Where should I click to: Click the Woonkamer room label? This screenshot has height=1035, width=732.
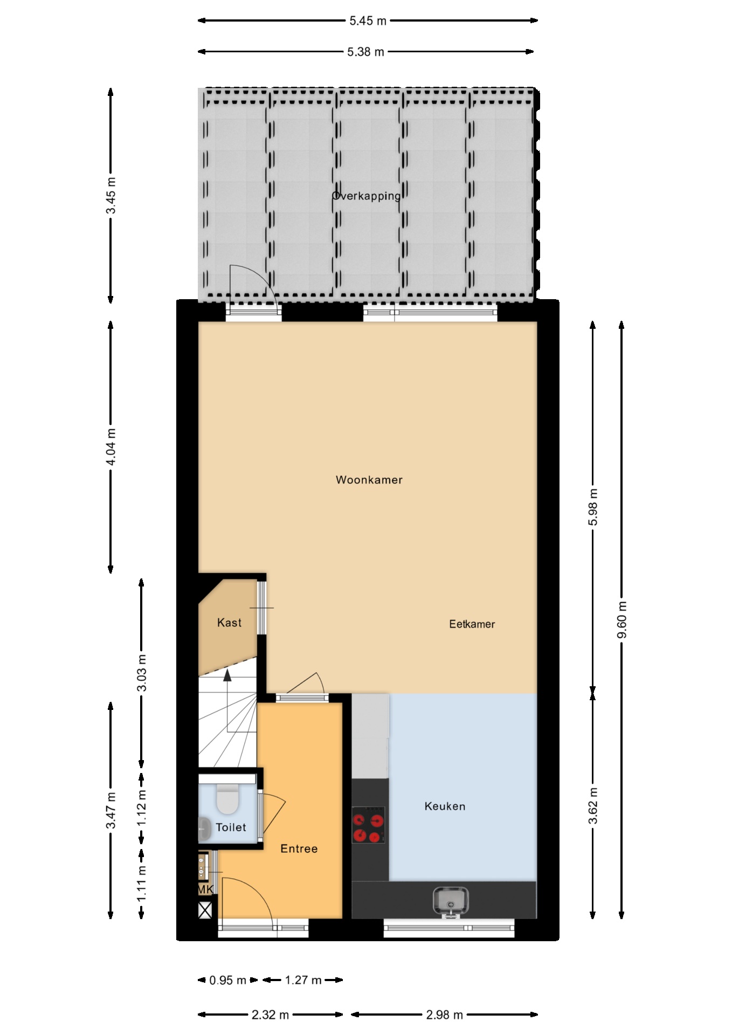369,480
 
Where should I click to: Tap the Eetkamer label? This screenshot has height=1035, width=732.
472,624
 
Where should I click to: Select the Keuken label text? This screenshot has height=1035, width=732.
445,806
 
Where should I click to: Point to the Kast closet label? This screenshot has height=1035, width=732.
229,623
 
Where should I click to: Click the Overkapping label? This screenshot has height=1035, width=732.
367,196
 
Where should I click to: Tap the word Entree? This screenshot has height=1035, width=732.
299,848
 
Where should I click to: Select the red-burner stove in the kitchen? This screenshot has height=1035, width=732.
368,825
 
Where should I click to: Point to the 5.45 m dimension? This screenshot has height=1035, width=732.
368,21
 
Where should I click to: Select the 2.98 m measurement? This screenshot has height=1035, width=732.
444,1015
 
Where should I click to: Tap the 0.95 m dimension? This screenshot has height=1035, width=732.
227,980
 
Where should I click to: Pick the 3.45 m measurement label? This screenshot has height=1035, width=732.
111,195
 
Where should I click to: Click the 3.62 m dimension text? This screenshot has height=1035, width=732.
593,806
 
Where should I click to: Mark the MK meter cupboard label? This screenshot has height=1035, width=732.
205,890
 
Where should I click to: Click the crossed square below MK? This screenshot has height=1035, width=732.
205,911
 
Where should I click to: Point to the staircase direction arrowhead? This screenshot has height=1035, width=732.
227,674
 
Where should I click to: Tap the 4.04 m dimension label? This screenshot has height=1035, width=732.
111,447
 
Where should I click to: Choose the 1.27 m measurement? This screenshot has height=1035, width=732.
303,980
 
